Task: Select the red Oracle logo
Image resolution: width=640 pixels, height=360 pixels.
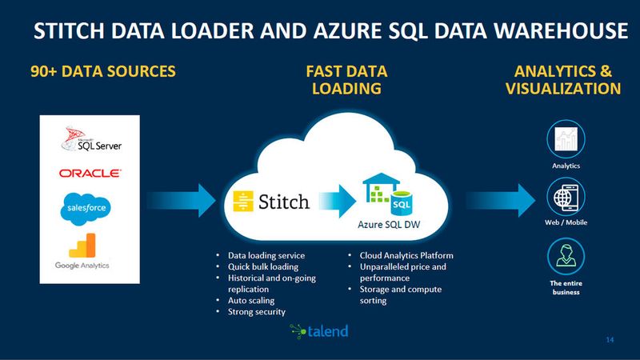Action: coord(90,173)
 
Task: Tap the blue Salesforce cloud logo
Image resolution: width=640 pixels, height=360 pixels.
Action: coord(84,208)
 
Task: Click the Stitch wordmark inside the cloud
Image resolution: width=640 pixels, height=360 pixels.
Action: coord(270,200)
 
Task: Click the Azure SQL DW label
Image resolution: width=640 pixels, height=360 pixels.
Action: coord(386,226)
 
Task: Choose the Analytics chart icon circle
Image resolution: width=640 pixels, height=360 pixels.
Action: coord(565,140)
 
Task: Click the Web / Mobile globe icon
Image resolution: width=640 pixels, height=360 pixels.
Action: coord(565,196)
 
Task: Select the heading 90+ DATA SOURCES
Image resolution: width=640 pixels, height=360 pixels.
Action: coord(103,71)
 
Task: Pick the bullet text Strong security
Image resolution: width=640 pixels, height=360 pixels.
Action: coord(256,311)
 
